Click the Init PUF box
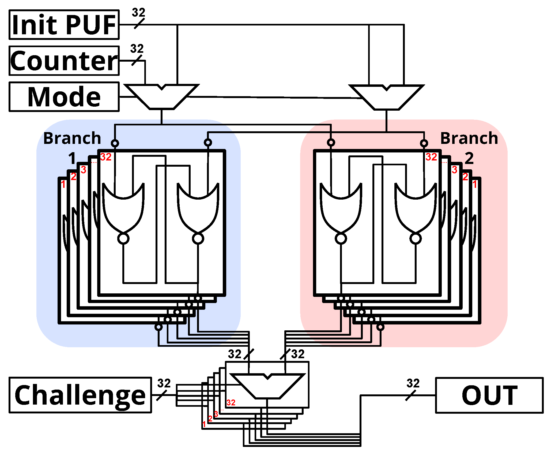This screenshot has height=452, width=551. coord(64,25)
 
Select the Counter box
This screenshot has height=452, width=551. coord(64,61)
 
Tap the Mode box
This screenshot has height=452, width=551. coord(64,97)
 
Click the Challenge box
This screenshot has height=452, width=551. coord(80,395)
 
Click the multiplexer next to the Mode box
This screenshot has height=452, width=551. coord(162,97)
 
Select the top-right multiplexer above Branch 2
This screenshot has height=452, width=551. coord(386,97)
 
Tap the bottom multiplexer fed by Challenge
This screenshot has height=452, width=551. coord(267,386)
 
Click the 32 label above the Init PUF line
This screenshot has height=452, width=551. coord(138,13)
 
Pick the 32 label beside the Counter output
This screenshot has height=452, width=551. coord(137,49)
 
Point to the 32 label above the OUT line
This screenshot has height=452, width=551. coord(413,383)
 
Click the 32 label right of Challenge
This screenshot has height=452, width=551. coord(164,383)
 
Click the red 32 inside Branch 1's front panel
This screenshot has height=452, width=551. coord(106,157)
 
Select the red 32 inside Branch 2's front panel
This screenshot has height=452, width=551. coord(431,157)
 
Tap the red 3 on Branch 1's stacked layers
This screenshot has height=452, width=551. coord(84,170)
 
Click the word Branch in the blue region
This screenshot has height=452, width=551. coord(72,138)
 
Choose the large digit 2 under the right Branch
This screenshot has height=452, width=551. coord(469,158)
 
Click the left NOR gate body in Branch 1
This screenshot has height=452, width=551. coord(123,208)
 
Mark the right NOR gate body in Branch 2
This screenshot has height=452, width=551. coord(416,208)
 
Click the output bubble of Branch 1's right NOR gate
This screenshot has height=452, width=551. coord(198,238)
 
